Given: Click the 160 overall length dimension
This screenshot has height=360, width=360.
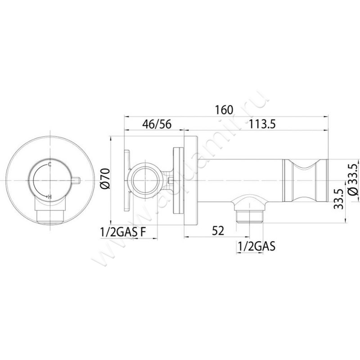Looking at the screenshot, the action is [x=224, y=110].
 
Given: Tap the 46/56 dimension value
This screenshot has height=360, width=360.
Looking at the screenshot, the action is [x=157, y=124].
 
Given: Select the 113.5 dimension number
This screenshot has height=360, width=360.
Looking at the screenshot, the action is [x=262, y=124].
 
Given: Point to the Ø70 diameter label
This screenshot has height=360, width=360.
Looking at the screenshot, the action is [x=105, y=178].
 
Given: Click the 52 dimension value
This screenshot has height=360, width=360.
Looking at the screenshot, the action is [x=218, y=231].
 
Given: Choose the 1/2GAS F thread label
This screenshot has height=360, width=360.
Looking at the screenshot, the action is [x=123, y=232].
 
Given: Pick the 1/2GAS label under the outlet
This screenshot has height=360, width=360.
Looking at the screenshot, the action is [x=256, y=247].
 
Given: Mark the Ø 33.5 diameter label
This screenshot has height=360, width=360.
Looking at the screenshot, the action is [x=353, y=180].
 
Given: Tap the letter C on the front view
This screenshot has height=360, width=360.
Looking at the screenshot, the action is [x=49, y=164].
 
